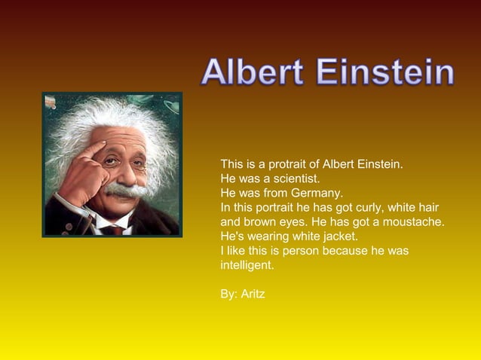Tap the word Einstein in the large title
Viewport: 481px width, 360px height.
(385, 73)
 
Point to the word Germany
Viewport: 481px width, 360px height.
(317, 193)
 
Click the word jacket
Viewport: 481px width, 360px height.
(340, 236)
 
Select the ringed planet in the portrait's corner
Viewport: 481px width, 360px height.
(170, 106)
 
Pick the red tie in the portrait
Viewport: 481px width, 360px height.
(115, 230)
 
